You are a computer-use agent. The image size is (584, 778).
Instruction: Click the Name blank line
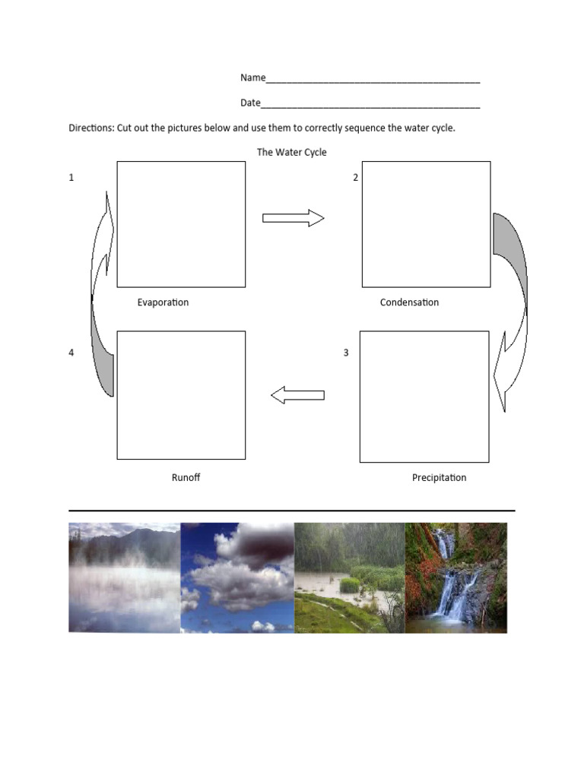coord(373,79)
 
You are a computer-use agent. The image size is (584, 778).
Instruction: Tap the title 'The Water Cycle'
coord(291,152)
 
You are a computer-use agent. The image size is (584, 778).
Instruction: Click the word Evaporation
coord(163,302)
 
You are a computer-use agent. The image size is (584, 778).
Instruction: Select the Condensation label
coord(409,302)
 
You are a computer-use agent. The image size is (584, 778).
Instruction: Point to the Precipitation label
coord(439,478)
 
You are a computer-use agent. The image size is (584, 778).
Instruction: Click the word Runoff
coord(186,478)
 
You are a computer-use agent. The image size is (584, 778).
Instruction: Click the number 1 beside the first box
coord(71,178)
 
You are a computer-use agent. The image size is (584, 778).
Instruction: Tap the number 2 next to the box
coord(355,178)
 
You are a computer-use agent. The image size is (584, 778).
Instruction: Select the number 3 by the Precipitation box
coord(346,353)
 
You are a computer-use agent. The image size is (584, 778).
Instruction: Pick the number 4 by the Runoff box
coord(71,353)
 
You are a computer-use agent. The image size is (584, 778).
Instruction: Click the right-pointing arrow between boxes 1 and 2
coord(293,219)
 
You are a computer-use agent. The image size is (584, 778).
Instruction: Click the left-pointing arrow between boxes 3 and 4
coord(298,395)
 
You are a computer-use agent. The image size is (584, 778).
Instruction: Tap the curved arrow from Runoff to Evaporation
coord(102,296)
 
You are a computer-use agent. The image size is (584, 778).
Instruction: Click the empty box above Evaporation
coord(181,224)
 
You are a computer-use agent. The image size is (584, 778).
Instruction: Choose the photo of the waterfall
coord(455,577)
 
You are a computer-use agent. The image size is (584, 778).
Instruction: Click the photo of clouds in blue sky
coord(237,577)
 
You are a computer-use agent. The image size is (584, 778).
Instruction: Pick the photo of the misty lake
coord(124,577)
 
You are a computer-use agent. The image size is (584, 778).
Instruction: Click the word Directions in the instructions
coord(90,128)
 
